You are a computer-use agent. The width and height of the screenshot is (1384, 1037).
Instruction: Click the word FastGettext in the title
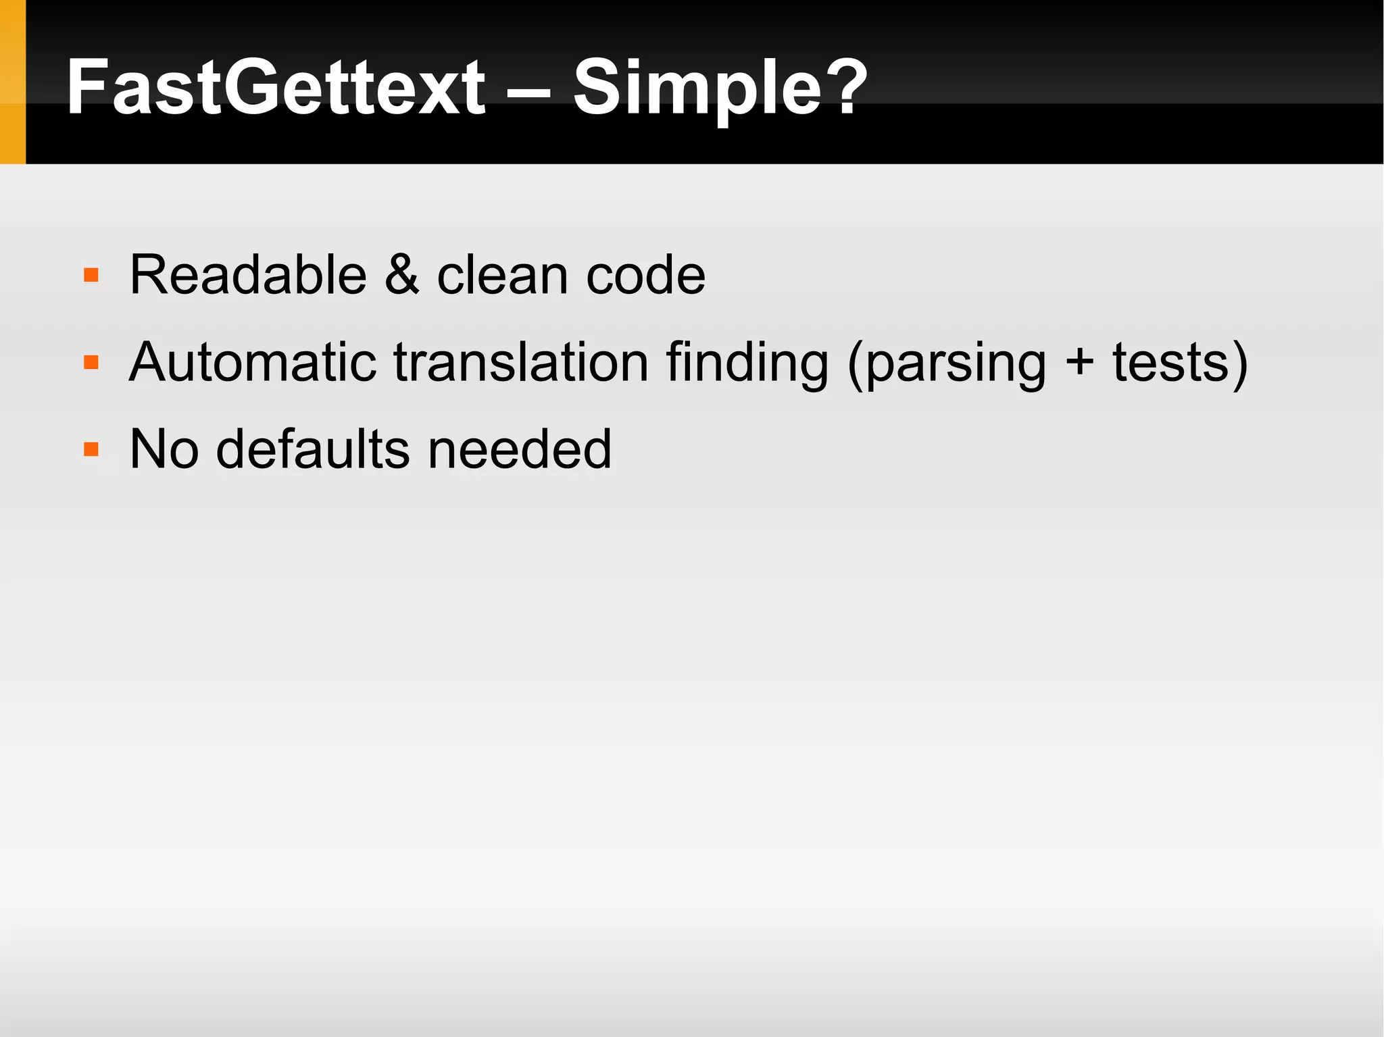(276, 88)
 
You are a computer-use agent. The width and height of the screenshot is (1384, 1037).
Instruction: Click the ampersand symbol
(402, 275)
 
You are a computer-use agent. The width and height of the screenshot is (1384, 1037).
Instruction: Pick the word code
(645, 276)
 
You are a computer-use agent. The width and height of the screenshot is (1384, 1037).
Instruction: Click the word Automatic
(252, 362)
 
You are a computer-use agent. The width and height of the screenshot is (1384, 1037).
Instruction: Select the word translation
(521, 362)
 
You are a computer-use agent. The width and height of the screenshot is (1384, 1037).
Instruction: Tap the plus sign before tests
(1079, 363)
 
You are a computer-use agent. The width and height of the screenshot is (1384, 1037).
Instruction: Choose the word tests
(1172, 363)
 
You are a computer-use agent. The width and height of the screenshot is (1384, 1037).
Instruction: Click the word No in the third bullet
(164, 449)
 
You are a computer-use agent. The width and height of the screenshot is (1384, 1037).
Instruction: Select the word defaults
(313, 449)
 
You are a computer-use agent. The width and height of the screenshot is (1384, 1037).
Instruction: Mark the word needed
(520, 449)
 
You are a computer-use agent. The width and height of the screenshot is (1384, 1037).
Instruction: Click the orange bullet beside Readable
(91, 276)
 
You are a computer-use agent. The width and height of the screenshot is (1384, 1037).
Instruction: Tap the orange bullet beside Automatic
(91, 363)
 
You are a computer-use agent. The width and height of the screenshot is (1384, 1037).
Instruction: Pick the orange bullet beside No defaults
(91, 449)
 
